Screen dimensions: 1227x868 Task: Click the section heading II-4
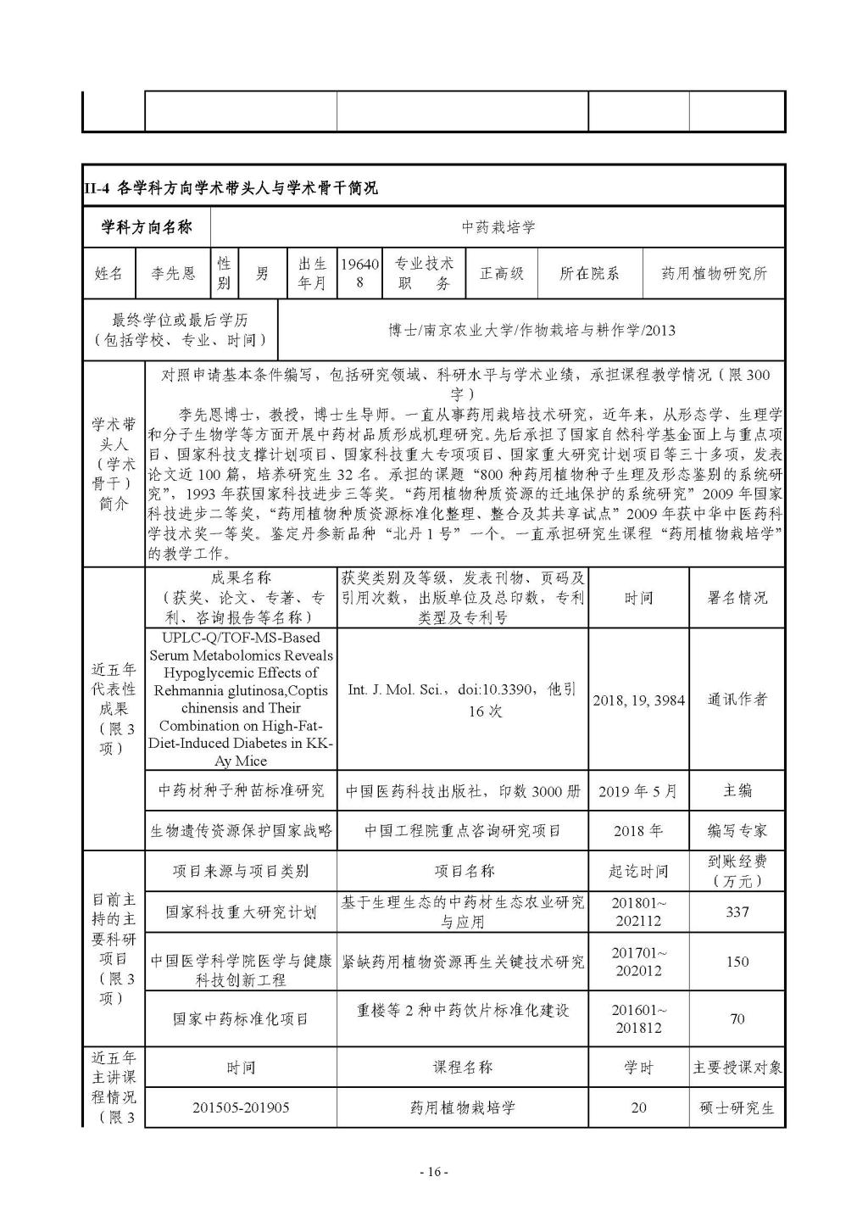231,187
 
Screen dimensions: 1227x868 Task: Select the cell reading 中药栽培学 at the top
498,227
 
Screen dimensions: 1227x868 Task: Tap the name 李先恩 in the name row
173,273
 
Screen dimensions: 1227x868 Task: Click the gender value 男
263,273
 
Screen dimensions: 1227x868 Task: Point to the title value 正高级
502,273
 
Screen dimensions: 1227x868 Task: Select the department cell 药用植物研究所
714,273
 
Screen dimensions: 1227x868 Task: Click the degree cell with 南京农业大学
531,330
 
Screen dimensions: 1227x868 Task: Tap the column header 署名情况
737,597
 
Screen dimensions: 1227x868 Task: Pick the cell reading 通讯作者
737,700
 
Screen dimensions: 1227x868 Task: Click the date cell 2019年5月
637,791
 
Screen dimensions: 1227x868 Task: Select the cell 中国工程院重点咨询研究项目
463,831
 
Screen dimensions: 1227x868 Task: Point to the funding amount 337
737,912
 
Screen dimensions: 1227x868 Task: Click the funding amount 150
737,961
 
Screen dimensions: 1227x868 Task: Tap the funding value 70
737,1018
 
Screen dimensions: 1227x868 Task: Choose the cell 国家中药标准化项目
241,1018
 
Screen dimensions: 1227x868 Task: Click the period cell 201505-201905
241,1107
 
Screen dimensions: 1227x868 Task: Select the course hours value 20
638,1107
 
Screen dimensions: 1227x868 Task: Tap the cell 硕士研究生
737,1107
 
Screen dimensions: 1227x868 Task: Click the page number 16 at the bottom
434,1172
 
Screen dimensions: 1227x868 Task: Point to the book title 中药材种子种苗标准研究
241,791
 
